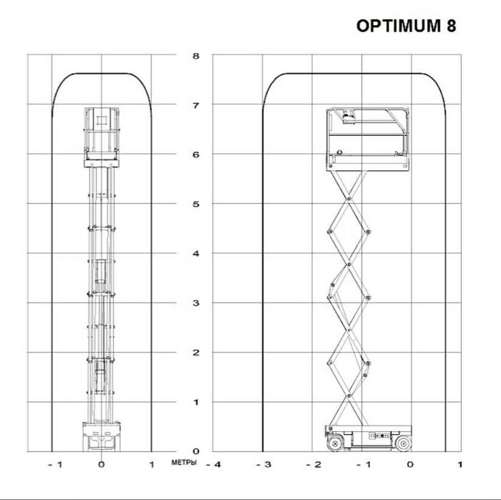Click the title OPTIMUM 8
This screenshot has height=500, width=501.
tap(406, 26)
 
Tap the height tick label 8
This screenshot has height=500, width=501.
tap(196, 56)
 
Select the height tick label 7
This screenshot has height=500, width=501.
tap(196, 105)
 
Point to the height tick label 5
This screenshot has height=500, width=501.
tap(196, 205)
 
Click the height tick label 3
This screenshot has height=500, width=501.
tap(196, 303)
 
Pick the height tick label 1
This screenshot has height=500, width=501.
tap(196, 402)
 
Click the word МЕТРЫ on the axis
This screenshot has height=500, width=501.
tap(184, 463)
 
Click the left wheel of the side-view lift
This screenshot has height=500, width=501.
tap(334, 444)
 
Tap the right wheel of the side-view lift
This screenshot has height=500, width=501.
tap(404, 444)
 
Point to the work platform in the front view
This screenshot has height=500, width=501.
tap(100, 136)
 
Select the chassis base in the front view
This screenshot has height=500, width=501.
tap(100, 436)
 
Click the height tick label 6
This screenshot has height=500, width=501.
tap(196, 155)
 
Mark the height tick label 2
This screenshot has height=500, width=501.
tap(196, 353)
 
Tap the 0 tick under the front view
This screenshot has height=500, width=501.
tap(101, 465)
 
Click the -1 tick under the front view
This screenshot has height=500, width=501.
tap(54, 465)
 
